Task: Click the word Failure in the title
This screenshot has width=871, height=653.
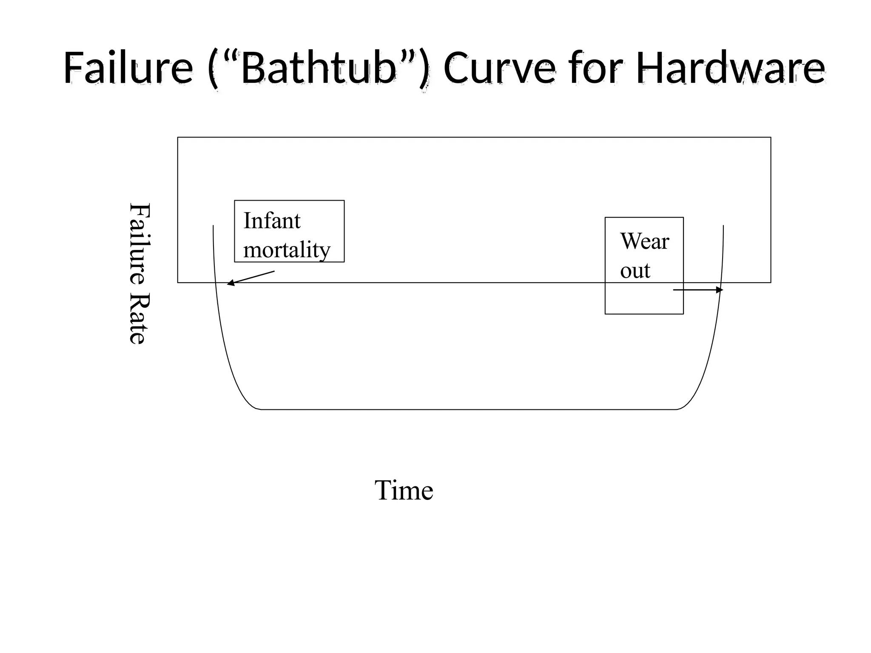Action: pyautogui.click(x=128, y=68)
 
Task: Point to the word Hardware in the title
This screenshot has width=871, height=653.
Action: pyautogui.click(x=730, y=68)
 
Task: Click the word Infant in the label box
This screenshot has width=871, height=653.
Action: pyautogui.click(x=272, y=221)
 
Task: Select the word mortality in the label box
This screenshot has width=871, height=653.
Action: pyautogui.click(x=287, y=250)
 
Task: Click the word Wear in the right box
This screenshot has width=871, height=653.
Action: pyautogui.click(x=644, y=241)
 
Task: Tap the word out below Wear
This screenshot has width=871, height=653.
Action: pyautogui.click(x=635, y=270)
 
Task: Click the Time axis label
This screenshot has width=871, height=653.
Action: pyautogui.click(x=404, y=490)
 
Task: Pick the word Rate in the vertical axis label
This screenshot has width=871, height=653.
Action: pyautogui.click(x=139, y=319)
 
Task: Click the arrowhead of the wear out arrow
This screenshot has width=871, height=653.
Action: pyautogui.click(x=720, y=290)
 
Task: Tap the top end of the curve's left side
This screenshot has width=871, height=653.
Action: pyautogui.click(x=213, y=226)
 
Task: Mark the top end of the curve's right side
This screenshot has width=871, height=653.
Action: pyautogui.click(x=723, y=226)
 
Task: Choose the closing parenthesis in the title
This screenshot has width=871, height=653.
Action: pyautogui.click(x=424, y=70)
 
